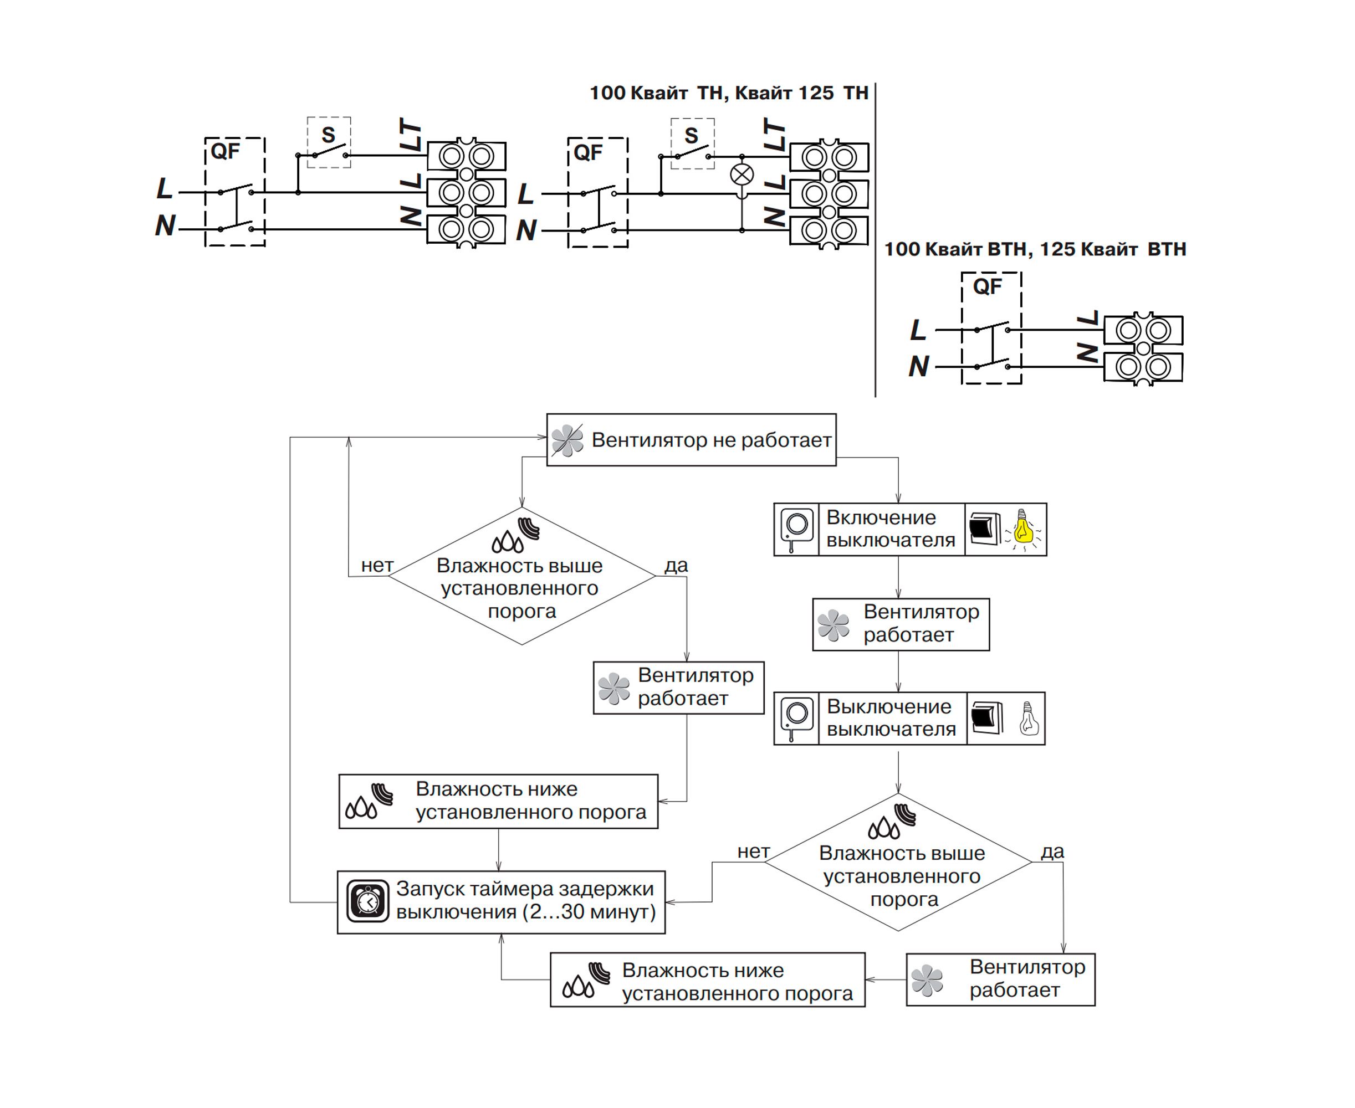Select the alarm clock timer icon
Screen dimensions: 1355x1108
coord(367,901)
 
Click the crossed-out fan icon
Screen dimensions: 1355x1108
coord(567,440)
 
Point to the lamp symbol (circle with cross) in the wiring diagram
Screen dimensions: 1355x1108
coord(742,175)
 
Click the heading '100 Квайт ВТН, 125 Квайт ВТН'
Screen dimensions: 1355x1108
coord(1035,249)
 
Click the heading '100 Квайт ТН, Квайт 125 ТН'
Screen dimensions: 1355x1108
coord(729,93)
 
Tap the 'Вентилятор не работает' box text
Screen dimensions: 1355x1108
coord(712,440)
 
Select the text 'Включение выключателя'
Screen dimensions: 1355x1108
coord(891,529)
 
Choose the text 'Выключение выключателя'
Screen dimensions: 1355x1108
coord(891,717)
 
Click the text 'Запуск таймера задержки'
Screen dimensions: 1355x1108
coord(525,889)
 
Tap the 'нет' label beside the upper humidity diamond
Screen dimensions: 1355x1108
coord(377,566)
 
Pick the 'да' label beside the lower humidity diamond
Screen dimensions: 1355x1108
coord(1052,851)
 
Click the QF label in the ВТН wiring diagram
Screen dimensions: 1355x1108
coord(987,286)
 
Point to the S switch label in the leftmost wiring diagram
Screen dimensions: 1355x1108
coord(328,135)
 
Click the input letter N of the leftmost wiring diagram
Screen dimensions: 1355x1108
coord(165,225)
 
